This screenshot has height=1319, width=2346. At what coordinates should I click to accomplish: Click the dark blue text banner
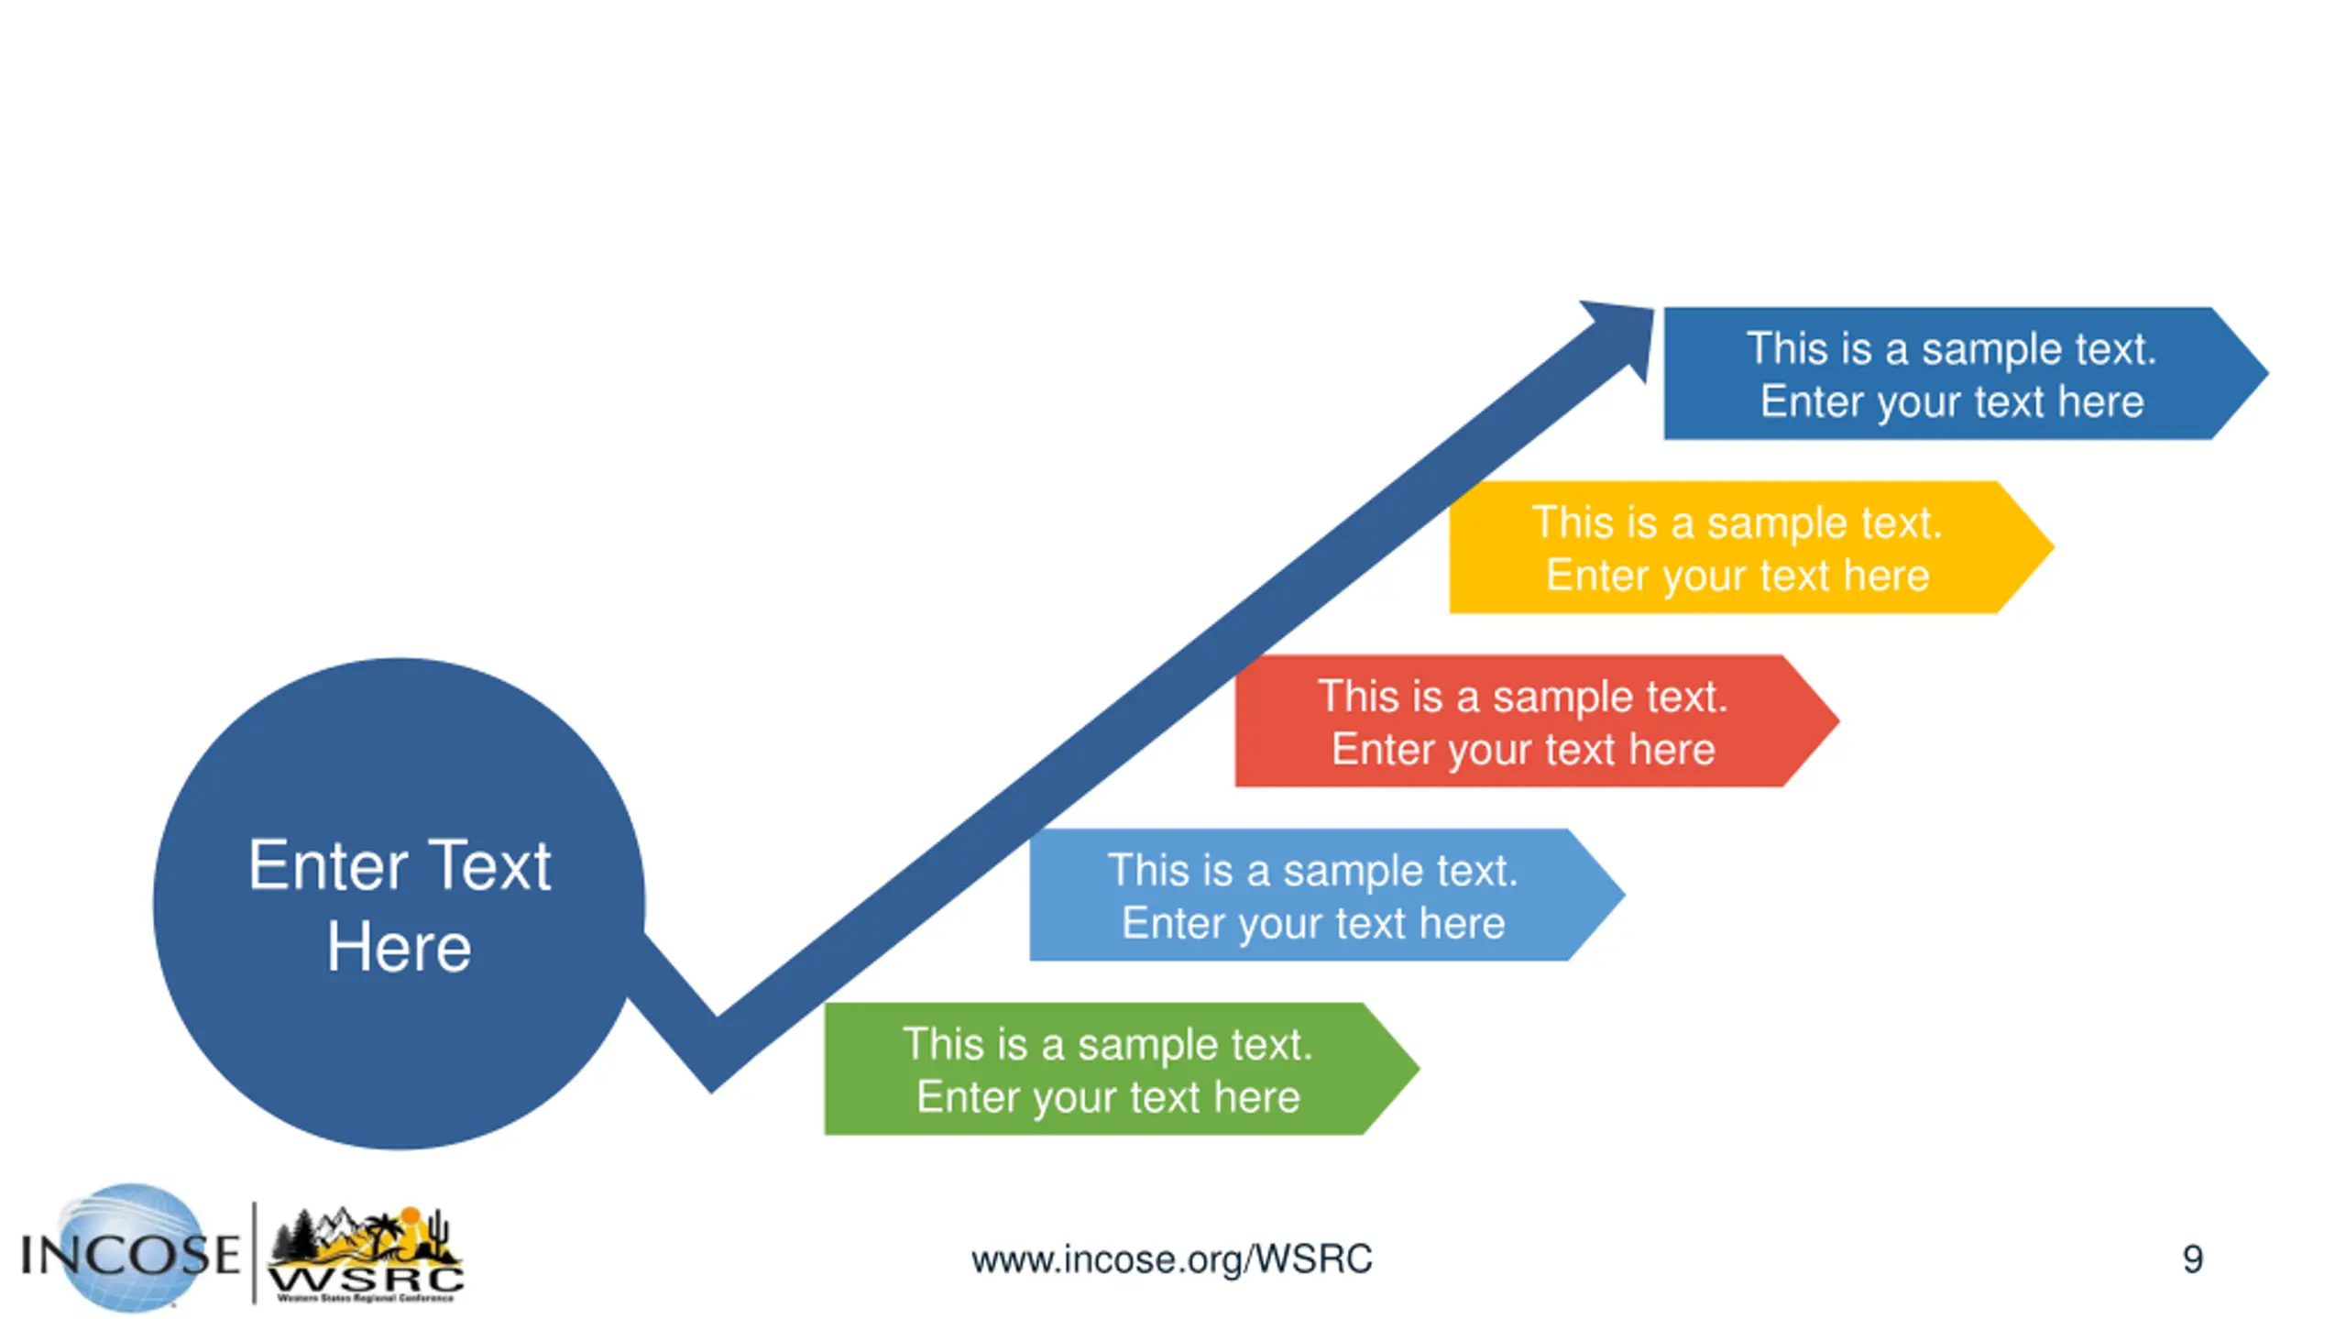[1952, 373]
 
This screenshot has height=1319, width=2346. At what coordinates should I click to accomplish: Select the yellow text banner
[1738, 547]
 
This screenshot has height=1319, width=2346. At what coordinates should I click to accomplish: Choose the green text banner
[1107, 1069]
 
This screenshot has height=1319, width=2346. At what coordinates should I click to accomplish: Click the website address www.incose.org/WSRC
[1171, 1259]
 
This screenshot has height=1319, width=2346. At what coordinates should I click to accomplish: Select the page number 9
[2192, 1259]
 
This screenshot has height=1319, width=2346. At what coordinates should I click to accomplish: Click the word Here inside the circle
[399, 947]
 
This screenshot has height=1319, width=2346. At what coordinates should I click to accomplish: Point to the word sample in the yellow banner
[1769, 523]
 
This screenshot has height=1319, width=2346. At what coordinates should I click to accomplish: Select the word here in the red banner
[1672, 750]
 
